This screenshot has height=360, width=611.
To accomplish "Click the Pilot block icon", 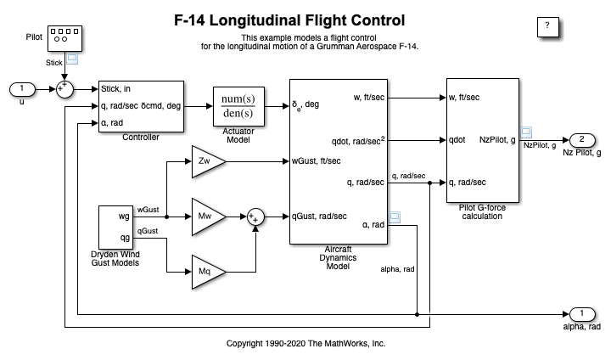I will tap(64, 37).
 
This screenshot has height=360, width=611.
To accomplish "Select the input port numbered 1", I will tap(23, 88).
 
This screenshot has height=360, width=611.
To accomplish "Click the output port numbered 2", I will tap(582, 139).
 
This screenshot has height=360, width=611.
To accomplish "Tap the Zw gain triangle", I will tap(203, 160).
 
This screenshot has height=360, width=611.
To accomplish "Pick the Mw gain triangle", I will tap(203, 216).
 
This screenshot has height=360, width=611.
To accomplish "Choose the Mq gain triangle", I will tap(203, 272).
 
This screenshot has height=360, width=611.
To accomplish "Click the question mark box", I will tap(548, 26).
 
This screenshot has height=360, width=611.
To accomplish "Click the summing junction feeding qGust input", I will tap(256, 217).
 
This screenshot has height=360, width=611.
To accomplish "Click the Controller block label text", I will tap(141, 138).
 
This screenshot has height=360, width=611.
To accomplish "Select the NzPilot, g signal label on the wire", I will tap(539, 146).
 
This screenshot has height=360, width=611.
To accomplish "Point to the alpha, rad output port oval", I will tap(582, 314).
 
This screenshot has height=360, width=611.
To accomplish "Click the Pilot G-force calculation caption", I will tap(478, 211).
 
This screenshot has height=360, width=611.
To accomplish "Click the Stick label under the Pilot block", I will tap(54, 62).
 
